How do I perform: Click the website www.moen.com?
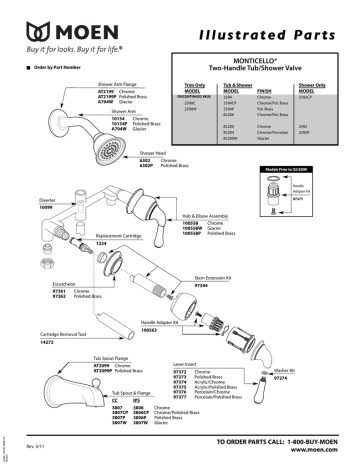coord(319,450)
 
